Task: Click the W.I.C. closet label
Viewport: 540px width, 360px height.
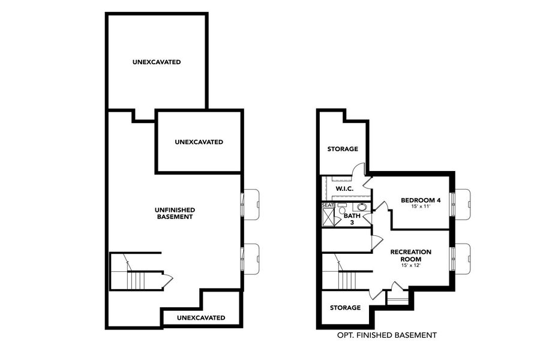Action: click(x=344, y=188)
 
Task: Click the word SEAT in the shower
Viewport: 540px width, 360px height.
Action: click(x=328, y=205)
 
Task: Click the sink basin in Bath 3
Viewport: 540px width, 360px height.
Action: click(x=365, y=208)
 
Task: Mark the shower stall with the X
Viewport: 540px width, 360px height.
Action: click(x=328, y=218)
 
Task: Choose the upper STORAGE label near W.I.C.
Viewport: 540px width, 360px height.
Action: click(x=343, y=149)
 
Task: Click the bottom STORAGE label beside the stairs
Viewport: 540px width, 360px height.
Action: click(x=345, y=308)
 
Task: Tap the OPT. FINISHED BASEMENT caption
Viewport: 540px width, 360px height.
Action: click(x=386, y=335)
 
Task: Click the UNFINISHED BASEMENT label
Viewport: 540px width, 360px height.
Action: click(x=175, y=213)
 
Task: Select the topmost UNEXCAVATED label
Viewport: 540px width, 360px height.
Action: click(x=157, y=62)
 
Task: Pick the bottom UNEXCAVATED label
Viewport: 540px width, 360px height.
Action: click(x=202, y=317)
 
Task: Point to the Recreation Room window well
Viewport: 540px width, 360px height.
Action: click(x=463, y=256)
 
